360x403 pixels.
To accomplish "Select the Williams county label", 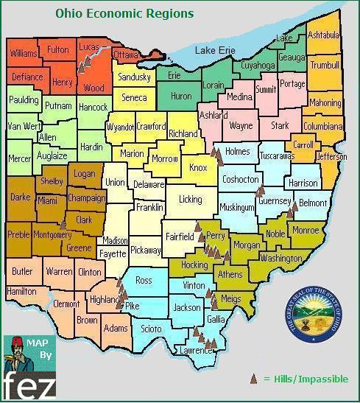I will tap(24, 54).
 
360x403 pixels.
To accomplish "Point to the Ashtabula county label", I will tap(324, 35).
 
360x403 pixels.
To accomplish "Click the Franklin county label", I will tap(150, 208).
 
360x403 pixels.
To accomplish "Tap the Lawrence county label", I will tap(197, 351).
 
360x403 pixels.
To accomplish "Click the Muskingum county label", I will tap(236, 208).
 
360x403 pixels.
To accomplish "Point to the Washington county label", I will tap(280, 259).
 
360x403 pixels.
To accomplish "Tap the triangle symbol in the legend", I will tap(254, 379).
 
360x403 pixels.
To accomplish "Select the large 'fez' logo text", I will tap(28, 385).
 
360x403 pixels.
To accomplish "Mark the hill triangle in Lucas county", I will tap(83, 65).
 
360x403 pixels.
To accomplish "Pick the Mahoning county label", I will tap(325, 103).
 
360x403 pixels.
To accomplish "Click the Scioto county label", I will tap(152, 329).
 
